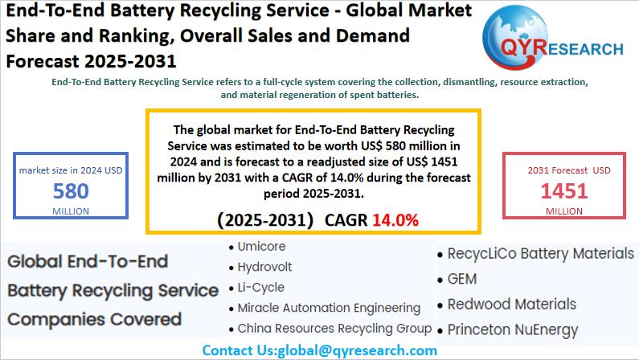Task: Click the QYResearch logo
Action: pos(555,41)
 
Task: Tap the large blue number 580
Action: pos(71,191)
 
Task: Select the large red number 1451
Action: pos(563,190)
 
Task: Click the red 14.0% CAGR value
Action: pos(395,220)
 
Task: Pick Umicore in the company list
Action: pos(261,247)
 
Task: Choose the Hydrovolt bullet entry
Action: pos(264,267)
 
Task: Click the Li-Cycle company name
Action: pos(261,287)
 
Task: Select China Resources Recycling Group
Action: pos(334,329)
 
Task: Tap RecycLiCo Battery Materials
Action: pos(541,254)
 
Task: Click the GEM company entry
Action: pos(462,279)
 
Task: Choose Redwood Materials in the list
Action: pos(511,305)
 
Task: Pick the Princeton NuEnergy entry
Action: pos(513,329)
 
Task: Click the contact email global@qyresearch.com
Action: pos(357,350)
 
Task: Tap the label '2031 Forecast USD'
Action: pos(569,170)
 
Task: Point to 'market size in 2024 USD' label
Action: pos(71,170)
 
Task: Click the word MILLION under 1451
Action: pos(564,211)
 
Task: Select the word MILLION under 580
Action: pos(71,211)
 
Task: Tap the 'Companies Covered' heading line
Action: pos(94,319)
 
